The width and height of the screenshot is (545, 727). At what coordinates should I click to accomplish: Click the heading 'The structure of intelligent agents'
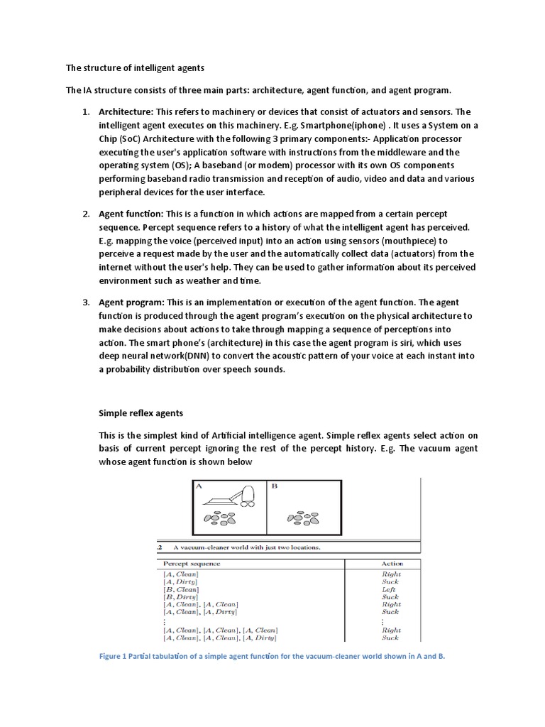tap(135, 69)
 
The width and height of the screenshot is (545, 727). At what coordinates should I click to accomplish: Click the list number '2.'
tap(85, 214)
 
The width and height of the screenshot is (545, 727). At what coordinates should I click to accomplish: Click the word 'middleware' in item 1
tap(405, 153)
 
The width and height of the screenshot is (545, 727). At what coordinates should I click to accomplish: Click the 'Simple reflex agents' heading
tap(141, 412)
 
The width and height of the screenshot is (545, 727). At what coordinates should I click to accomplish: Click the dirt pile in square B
tap(303, 518)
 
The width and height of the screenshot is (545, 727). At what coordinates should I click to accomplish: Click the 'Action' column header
tap(390, 563)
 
